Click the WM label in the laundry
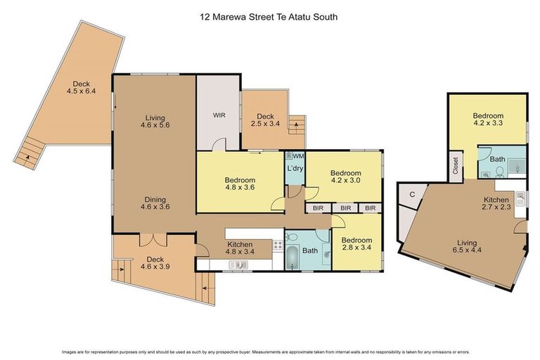[298, 155]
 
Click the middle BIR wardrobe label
[345, 208]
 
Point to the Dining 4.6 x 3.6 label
[156, 203]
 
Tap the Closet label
[456, 165]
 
